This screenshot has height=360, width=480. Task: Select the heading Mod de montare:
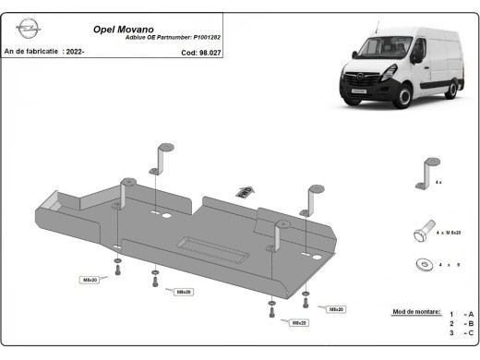click(x=416, y=314)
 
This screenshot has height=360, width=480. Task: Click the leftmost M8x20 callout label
click(x=90, y=279)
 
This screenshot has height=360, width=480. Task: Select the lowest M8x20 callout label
click(x=298, y=323)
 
